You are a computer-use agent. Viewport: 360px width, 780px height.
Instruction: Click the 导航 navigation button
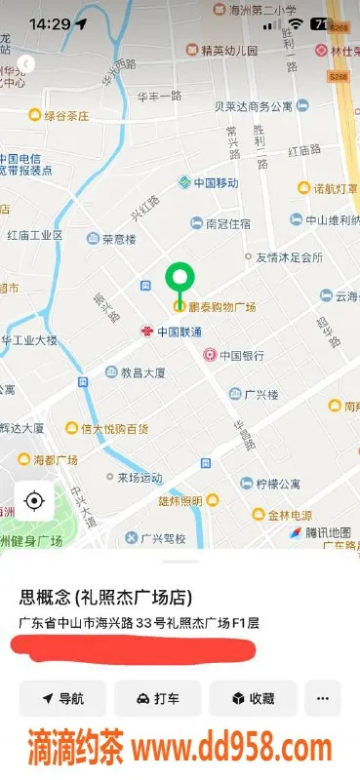tap(62, 698)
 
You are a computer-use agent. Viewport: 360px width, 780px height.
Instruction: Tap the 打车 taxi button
tap(158, 698)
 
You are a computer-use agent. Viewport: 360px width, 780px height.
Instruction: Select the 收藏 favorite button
tap(253, 698)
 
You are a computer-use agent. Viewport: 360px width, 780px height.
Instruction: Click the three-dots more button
tap(323, 698)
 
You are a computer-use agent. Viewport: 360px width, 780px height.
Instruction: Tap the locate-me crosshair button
tap(34, 501)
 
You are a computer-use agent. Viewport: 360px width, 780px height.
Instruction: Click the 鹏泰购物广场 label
tap(222, 307)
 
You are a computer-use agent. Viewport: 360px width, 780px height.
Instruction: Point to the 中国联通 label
tap(180, 331)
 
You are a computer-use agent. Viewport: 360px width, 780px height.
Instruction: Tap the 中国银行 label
tap(243, 355)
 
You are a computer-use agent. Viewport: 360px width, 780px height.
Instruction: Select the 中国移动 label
tap(216, 182)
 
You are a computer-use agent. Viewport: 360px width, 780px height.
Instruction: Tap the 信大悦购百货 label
tap(114, 428)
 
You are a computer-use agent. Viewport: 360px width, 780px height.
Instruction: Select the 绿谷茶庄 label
tap(65, 115)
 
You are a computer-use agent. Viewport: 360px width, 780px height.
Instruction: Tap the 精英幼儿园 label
tap(230, 50)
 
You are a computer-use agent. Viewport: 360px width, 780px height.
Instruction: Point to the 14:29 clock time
tap(50, 23)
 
